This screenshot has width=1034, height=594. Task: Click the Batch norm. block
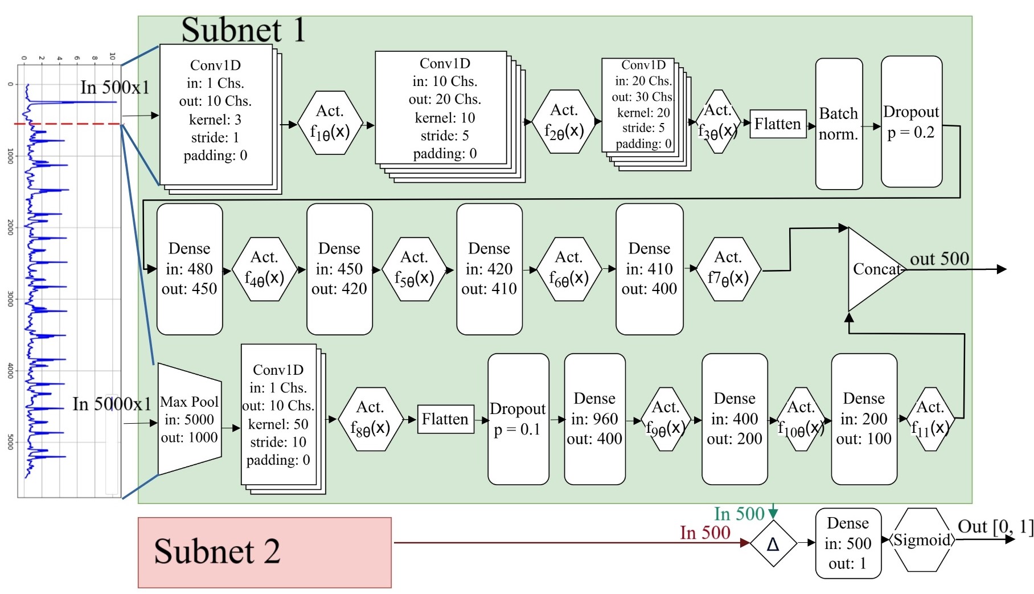839,124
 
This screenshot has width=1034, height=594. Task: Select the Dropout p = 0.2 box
911,121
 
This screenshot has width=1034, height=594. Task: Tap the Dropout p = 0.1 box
518,419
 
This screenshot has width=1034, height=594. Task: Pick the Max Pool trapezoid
189,419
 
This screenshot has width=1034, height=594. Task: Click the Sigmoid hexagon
922,540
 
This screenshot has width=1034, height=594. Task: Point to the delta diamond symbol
773,544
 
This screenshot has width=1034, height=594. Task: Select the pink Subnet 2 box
264,552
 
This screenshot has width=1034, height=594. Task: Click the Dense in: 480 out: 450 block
189,269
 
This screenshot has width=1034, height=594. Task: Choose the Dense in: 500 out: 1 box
848,543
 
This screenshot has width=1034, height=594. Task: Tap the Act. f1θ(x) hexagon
330,122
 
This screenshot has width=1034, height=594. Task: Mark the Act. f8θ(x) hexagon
370,419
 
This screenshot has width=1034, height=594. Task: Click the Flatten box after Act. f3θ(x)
778,124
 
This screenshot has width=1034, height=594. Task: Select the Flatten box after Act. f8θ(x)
445,419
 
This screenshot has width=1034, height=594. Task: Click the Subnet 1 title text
243,30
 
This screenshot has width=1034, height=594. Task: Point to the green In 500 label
738,514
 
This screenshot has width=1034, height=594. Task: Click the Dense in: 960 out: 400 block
594,419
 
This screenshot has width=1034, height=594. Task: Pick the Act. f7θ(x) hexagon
728,269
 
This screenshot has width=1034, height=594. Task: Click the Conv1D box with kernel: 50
278,415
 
